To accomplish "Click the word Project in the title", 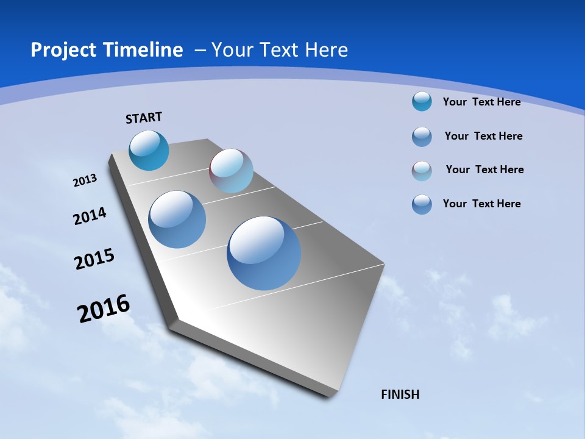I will pos(62,50).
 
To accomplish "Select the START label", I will pos(144,118).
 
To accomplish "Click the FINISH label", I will pos(400,394).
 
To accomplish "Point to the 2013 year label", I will pos(85,180).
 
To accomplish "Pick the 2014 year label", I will pos(90,216).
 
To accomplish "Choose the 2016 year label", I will pos(104,309).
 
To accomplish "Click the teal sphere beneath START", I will pos(149,150).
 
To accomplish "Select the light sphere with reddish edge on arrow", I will pos(231,171).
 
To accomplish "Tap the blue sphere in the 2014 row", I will pos(177,220).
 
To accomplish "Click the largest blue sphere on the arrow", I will pos(264,253).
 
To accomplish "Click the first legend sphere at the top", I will pos(422,101).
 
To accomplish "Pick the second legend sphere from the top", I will pos(422,137).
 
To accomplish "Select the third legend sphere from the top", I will pos(422,171).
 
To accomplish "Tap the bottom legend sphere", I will pos(422,204).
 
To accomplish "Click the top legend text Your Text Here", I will pos(481,102).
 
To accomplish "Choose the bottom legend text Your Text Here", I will pos(481,204).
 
